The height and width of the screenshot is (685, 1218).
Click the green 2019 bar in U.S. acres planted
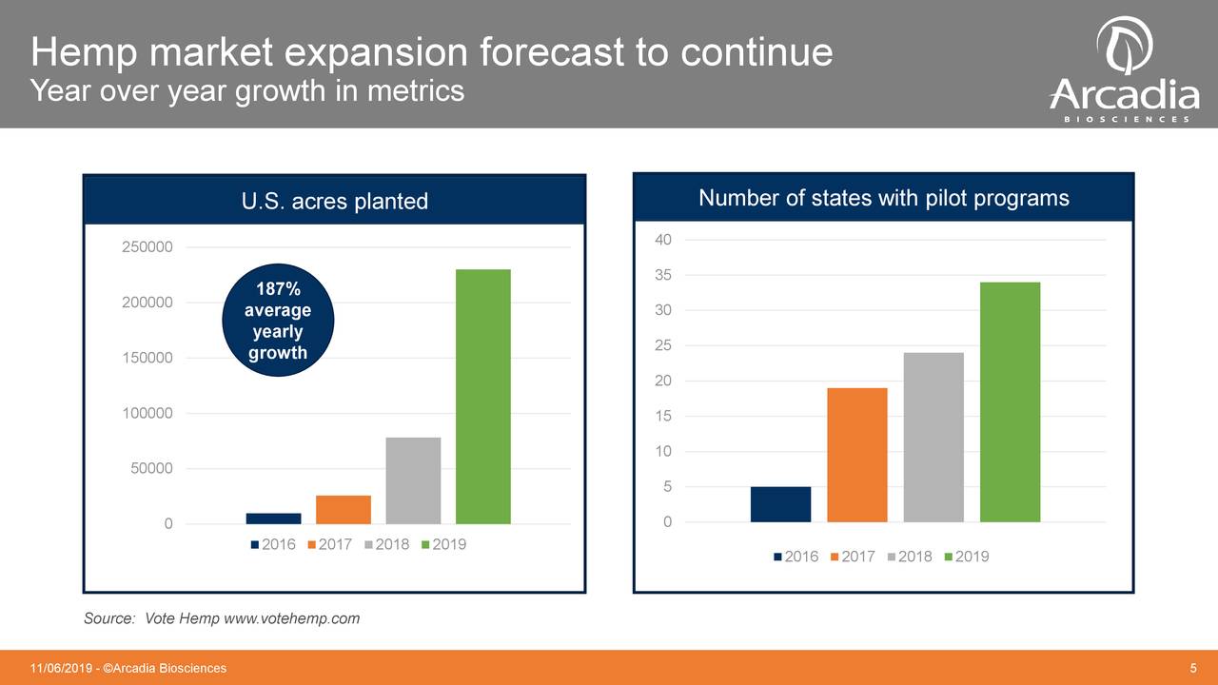click(x=483, y=397)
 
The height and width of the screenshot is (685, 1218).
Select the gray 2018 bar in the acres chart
click(x=413, y=480)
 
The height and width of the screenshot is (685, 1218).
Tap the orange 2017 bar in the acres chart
click(x=344, y=510)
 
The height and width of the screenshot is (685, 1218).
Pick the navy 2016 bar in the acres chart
click(x=273, y=519)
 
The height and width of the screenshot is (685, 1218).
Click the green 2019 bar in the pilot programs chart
click(x=1010, y=402)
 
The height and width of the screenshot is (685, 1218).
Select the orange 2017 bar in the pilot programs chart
click(x=857, y=455)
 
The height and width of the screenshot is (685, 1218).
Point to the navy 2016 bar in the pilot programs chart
click(x=780, y=504)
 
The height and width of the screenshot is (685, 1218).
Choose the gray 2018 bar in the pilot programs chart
click(x=933, y=438)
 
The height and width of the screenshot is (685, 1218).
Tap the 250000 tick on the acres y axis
click(x=147, y=247)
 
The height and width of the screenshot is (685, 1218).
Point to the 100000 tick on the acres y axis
click(x=147, y=414)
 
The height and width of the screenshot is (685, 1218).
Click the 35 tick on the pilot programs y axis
click(x=663, y=276)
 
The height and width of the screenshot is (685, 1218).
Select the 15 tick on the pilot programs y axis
click(x=663, y=417)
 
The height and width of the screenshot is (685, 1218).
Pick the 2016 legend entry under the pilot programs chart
click(x=795, y=557)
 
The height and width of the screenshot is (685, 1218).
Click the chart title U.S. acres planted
click(x=334, y=201)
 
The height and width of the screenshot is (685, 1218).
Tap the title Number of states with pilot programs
click(x=883, y=198)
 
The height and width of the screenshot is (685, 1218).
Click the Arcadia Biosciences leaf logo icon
click(x=1124, y=45)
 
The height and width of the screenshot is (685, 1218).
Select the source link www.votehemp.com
click(x=291, y=618)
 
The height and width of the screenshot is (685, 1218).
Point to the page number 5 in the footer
click(x=1193, y=668)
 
